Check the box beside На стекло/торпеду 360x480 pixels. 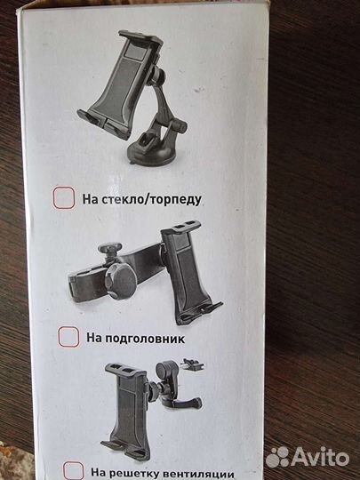point(63,199)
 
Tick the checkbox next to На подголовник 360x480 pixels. point(68,337)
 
